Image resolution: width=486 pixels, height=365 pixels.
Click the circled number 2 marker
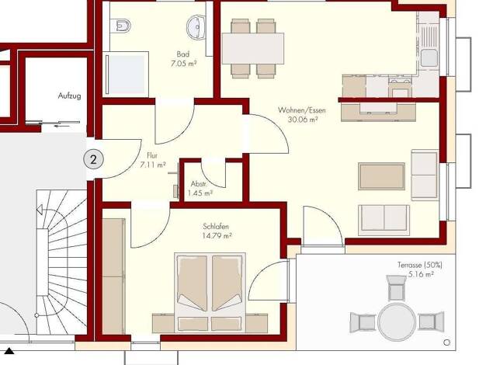coord(93,160)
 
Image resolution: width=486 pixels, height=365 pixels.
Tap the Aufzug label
coord(69,96)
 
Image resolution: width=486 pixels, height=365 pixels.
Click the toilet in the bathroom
coord(123,26)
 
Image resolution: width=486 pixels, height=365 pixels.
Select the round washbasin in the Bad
coord(196,27)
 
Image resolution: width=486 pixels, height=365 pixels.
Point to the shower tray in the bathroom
coord(127,75)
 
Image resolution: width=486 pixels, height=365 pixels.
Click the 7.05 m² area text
coord(183,64)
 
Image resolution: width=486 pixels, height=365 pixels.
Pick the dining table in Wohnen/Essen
coord(252,48)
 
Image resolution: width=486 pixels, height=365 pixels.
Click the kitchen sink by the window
coord(429,58)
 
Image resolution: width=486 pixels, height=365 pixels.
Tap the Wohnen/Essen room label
coord(301,110)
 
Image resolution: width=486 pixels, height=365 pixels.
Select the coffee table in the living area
coord(381,176)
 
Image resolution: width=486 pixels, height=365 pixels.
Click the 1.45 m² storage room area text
coord(200,193)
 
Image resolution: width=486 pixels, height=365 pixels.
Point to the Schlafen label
coord(216,227)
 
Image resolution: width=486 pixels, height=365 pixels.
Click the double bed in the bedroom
coord(210,292)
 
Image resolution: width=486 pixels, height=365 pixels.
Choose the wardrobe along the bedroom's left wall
coord(114,276)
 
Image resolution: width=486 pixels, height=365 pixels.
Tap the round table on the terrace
coord(397,322)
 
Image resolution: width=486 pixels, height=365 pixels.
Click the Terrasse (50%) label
coord(420,265)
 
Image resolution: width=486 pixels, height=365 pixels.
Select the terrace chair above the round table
coord(396,288)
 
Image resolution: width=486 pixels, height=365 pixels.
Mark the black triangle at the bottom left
coord(9,351)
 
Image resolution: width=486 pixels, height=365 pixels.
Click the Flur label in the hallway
coord(152,155)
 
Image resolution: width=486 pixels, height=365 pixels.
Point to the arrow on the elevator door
coord(61,126)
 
